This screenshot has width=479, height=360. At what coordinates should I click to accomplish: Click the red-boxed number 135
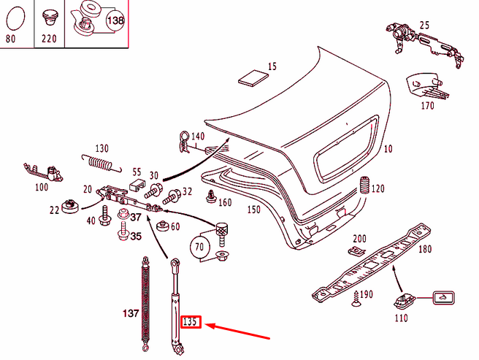[191, 321]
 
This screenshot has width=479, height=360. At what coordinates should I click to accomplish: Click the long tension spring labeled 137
[145, 302]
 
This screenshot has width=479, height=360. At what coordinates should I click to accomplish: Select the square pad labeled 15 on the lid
[253, 77]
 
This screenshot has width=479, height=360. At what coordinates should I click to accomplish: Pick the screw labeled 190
[355, 296]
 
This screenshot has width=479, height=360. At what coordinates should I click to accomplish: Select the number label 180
[424, 249]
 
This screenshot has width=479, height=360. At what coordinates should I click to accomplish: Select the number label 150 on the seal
[253, 210]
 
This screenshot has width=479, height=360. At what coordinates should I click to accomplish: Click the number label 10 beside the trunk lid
[387, 149]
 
